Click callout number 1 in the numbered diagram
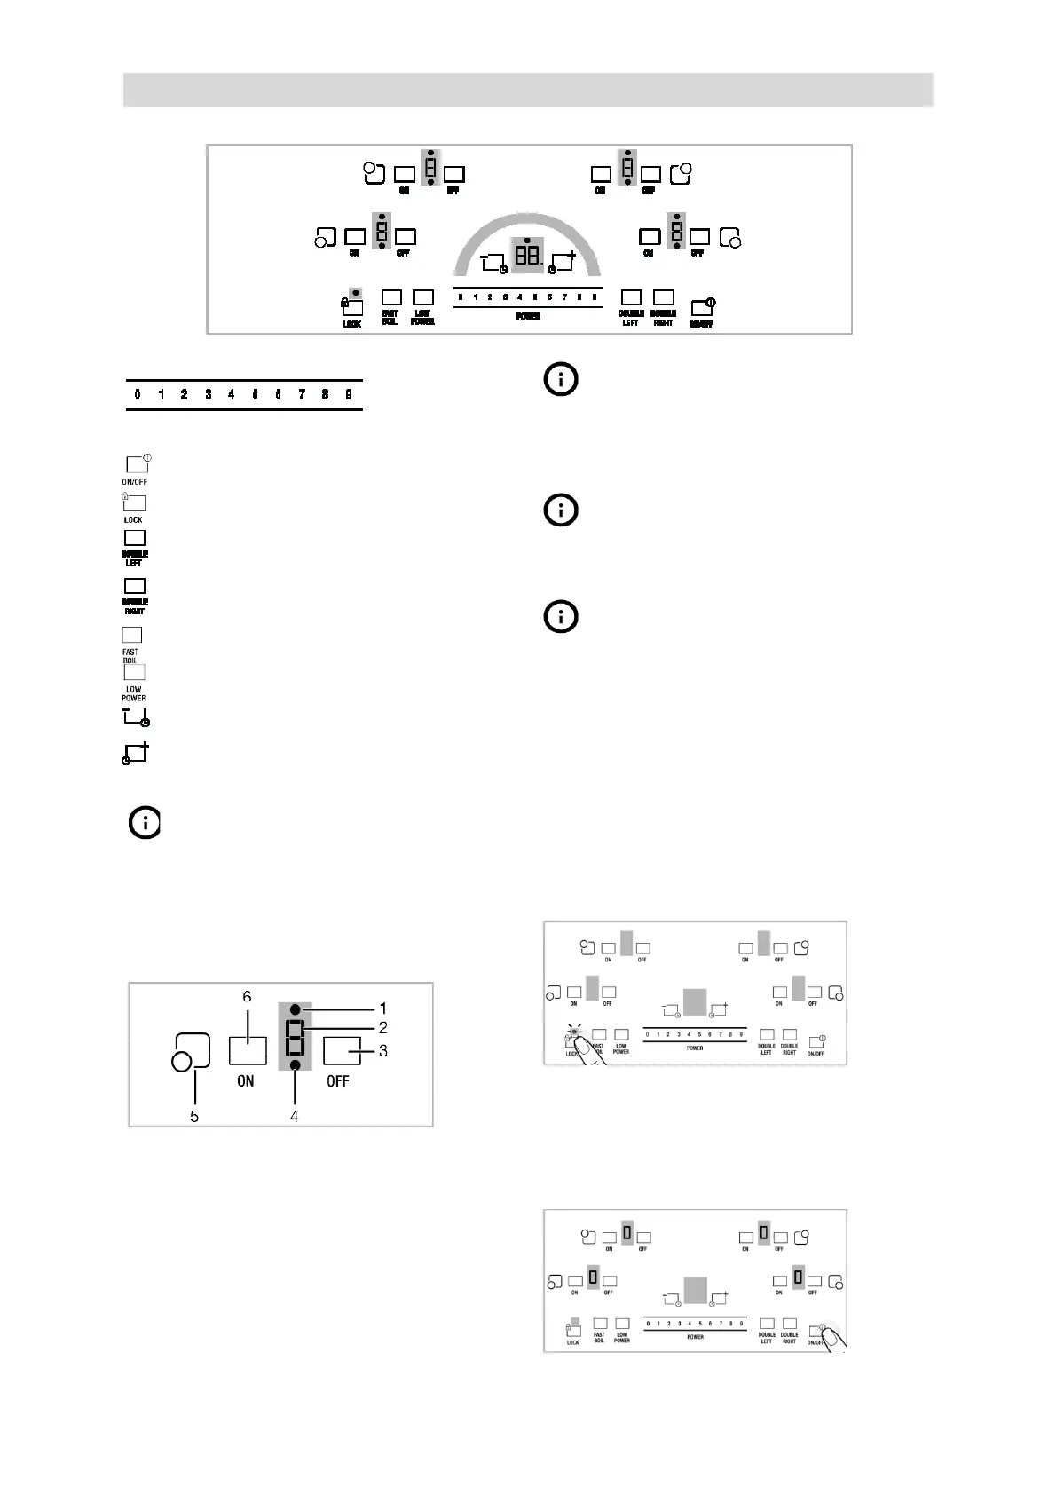click(x=382, y=1009)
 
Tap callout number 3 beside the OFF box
click(x=382, y=1051)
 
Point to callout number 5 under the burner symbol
click(x=194, y=1117)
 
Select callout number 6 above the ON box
click(x=247, y=997)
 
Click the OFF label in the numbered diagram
click(x=337, y=1081)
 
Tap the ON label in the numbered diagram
click(x=246, y=1081)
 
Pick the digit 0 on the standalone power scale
click(x=138, y=395)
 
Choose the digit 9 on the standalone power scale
click(x=349, y=395)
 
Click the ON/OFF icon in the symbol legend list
click(x=136, y=464)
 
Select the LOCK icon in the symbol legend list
click(x=134, y=503)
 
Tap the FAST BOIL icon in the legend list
click(x=132, y=635)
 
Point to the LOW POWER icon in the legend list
click(x=134, y=672)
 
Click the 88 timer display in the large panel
click(x=527, y=255)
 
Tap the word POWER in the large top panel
click(x=528, y=317)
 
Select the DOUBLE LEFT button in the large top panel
click(x=631, y=297)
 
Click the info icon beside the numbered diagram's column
click(x=145, y=823)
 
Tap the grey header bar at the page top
click(x=528, y=90)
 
